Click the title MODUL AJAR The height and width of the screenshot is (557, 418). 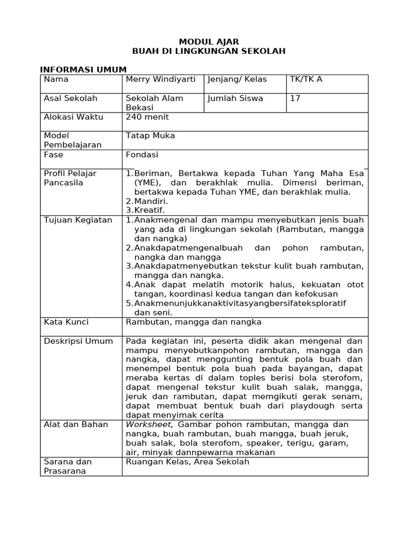click(x=209, y=42)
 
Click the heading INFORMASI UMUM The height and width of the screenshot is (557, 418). click(x=83, y=70)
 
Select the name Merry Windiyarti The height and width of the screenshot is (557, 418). click(x=161, y=79)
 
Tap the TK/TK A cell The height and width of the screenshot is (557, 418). click(x=305, y=79)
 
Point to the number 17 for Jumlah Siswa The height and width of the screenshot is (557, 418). click(x=295, y=98)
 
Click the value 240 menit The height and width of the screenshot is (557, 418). click(x=147, y=117)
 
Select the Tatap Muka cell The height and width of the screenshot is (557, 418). click(x=150, y=135)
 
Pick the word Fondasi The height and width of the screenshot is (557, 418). click(x=142, y=154)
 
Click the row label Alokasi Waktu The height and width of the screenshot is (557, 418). click(x=73, y=117)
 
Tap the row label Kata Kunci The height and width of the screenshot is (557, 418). click(x=66, y=322)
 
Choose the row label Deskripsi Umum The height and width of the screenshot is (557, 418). click(x=78, y=341)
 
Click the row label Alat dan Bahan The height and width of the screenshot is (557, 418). click(x=76, y=424)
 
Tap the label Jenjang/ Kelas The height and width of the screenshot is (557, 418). click(x=237, y=79)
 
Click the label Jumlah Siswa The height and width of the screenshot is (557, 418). click(x=235, y=98)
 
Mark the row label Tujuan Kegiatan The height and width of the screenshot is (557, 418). click(x=78, y=220)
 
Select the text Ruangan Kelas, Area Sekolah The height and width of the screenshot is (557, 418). click(x=187, y=462)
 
